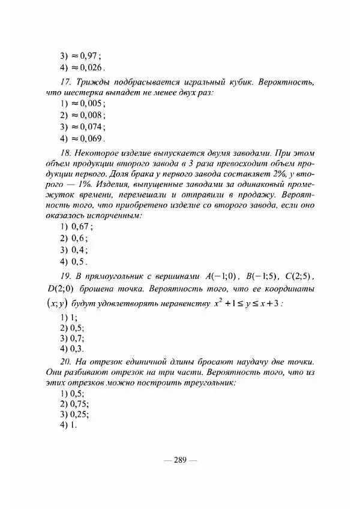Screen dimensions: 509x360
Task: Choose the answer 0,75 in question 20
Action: (74, 403)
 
